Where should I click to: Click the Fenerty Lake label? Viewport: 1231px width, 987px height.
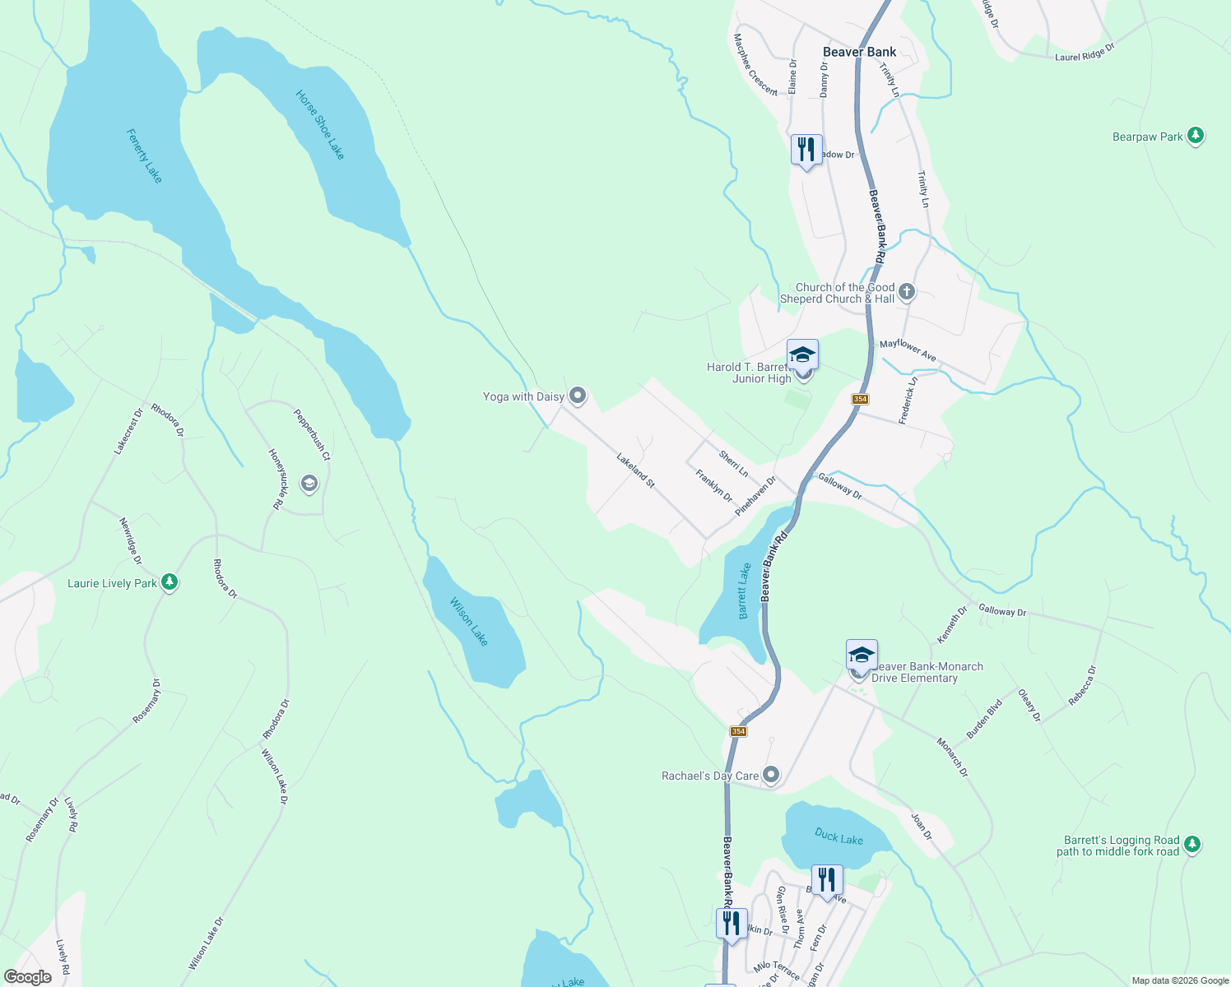coord(144,155)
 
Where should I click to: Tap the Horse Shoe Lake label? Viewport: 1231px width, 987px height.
coord(320,125)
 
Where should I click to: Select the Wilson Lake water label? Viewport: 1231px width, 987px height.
coord(469,622)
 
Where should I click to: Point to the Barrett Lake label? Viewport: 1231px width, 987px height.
coord(744,591)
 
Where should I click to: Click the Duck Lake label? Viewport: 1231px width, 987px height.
coord(838,837)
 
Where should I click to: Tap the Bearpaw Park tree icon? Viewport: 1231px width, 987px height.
coord(1196,136)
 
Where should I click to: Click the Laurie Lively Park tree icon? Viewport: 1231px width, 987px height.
coord(170,582)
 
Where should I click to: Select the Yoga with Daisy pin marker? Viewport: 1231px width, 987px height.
coord(578,396)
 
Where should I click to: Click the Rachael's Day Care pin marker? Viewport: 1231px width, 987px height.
coord(771,775)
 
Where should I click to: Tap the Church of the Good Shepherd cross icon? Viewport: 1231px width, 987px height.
coord(907,291)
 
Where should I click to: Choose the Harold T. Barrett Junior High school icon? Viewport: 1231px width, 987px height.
coord(802,356)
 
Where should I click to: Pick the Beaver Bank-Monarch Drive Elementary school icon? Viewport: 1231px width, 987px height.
coord(862,656)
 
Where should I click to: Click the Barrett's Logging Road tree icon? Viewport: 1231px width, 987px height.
coord(1192,844)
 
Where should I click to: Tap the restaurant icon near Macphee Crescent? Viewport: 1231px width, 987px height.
coord(806,150)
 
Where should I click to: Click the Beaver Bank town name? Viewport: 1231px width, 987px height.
coord(859,52)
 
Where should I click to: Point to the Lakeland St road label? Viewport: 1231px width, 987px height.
coord(635,470)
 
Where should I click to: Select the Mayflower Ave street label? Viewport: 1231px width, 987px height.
coord(908,350)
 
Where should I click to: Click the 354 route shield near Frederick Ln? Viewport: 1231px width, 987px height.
coord(860,399)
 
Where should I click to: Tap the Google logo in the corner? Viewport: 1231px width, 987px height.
coord(28,977)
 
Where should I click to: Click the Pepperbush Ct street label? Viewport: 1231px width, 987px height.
coord(312,435)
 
